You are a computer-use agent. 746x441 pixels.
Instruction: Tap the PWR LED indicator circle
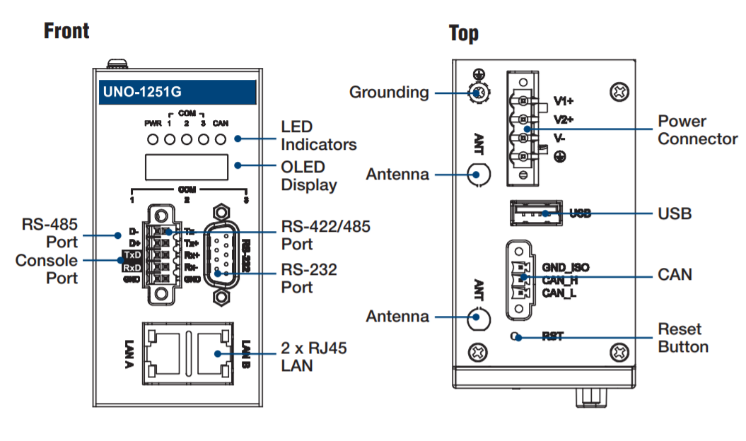point(153,139)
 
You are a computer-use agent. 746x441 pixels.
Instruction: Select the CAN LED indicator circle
point(221,139)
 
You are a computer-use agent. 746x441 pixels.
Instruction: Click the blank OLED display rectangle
point(187,167)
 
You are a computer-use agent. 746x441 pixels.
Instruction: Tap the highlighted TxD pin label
point(130,254)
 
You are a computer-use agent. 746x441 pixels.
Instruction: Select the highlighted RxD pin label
point(130,267)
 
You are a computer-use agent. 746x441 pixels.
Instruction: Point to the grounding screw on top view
point(478,92)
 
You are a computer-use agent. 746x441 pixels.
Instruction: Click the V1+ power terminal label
point(563,101)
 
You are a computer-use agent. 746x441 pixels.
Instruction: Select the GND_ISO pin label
point(566,268)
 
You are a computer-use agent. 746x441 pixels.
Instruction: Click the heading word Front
point(66,31)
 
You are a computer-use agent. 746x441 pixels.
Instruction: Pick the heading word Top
point(463,33)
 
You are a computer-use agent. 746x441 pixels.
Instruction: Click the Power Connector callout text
point(697,130)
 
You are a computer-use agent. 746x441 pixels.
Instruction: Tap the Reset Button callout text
point(682,338)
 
